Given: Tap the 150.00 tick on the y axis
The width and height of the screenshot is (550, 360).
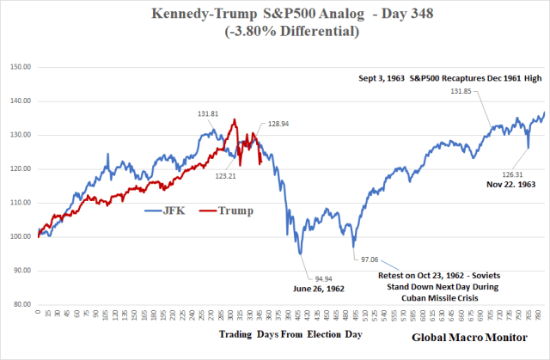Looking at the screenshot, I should point(21,66).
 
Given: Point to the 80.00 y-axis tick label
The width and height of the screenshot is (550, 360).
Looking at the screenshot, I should point(21,304).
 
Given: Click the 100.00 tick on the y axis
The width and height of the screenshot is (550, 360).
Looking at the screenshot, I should point(21,236).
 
